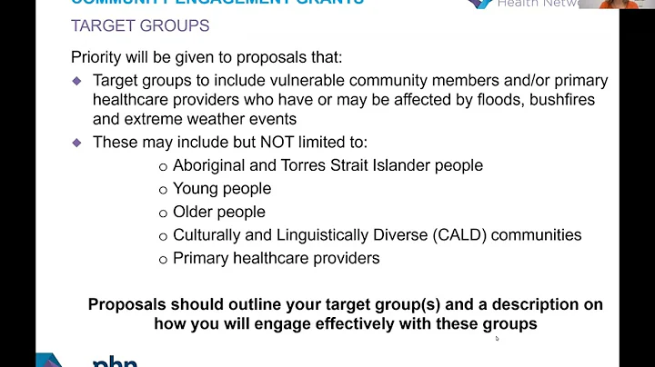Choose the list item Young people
coord(222,189)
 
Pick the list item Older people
coord(219,212)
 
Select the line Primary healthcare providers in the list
coord(276,258)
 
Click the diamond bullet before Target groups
coord(77,81)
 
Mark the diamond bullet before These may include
coord(77,143)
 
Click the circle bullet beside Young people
coord(163,190)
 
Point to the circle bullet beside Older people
coord(163,213)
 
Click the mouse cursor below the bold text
coord(496,338)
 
